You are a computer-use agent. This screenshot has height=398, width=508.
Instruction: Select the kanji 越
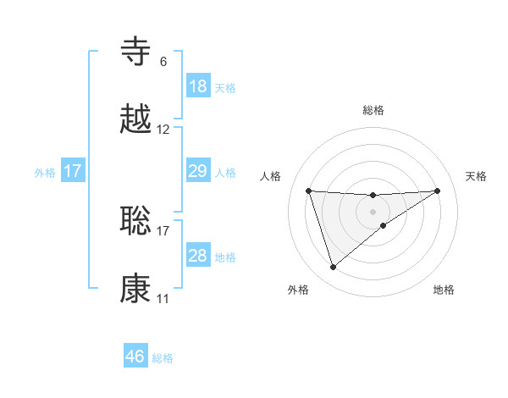coord(136,119)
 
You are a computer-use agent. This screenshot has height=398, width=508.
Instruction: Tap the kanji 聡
coord(136,220)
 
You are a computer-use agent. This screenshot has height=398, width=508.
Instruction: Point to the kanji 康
coord(136,288)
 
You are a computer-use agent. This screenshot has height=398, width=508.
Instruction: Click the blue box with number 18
coord(198,86)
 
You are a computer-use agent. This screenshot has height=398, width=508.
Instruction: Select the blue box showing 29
coord(198,171)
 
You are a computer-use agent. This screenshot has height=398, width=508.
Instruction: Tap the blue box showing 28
coord(198,256)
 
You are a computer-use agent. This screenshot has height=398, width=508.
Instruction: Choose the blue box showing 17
coord(73,171)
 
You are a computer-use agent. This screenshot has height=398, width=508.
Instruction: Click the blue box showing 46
coord(135,357)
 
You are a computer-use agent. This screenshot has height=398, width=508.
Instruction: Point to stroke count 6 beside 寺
coord(163,62)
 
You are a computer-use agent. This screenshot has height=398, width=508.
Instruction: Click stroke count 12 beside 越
coord(163,130)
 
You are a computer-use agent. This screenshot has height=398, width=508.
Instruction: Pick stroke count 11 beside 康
coord(163,299)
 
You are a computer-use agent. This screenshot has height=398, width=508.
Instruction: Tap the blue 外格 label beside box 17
coord(45,172)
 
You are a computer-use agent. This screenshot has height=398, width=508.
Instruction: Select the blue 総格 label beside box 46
coord(163,358)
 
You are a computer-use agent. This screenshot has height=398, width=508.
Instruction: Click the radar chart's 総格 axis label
coord(373,110)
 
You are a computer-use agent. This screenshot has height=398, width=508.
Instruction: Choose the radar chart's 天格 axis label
coord(477,176)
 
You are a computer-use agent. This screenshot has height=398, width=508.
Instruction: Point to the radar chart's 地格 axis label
coord(444,290)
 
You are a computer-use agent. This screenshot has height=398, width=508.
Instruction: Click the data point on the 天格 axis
coord(438,191)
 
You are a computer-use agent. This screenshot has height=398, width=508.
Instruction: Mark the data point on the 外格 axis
coord(333,268)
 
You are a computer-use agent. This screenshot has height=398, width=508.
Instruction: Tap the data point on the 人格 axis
coord(309,191)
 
